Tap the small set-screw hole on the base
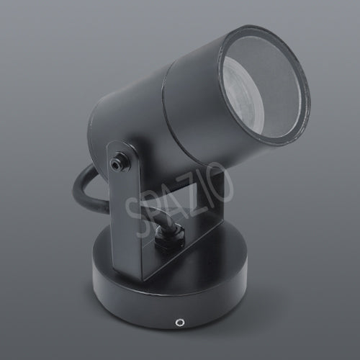[x=179, y=322]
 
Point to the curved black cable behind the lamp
[x=83, y=189]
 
